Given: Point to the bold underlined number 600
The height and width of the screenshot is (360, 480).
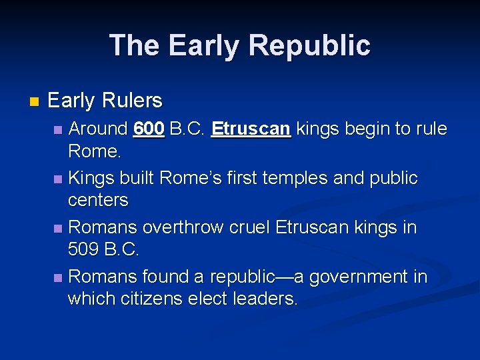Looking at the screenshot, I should click(149, 128).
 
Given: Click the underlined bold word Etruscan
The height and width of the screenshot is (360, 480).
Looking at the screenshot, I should click(251, 128).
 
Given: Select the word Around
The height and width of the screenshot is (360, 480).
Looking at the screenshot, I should click(98, 128).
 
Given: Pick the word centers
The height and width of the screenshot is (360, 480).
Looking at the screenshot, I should click(98, 200).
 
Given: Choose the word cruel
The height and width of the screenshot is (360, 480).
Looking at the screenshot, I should click(249, 227).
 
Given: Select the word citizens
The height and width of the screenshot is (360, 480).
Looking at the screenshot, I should click(151, 299).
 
